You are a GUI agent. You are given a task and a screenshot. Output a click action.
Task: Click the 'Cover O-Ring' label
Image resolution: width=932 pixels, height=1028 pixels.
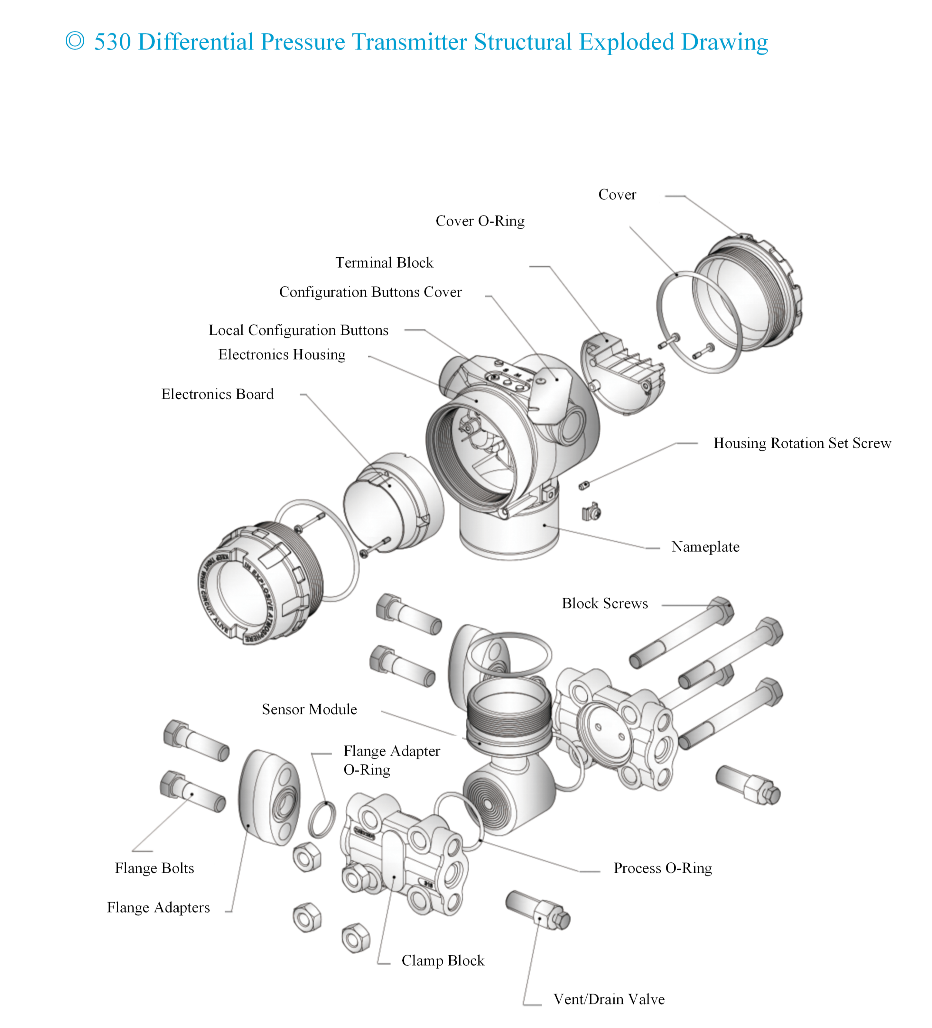point(480,221)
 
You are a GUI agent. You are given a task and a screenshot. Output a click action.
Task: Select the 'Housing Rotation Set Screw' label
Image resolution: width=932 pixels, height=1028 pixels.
point(802,443)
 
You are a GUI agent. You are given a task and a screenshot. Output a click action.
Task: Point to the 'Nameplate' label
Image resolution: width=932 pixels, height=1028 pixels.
point(705,546)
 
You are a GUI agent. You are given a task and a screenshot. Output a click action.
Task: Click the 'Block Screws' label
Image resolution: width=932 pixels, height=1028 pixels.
point(604,603)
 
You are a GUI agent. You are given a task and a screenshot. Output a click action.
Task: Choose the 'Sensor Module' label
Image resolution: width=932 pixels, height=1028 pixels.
point(309,709)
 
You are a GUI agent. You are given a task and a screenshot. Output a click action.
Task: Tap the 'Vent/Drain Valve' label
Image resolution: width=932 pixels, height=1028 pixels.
point(609,999)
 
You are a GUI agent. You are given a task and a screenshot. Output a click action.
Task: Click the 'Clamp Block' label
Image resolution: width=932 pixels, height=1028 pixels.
point(442,960)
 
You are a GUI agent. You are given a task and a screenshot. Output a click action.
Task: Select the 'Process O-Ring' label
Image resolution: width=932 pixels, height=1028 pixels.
point(662,868)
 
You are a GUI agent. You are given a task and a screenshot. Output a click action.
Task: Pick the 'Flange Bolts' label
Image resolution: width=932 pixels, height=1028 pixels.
point(154,868)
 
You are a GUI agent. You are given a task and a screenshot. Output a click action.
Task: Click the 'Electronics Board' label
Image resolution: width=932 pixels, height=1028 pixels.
point(217,394)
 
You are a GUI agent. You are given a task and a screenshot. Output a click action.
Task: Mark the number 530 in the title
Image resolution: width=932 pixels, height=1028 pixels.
point(112,42)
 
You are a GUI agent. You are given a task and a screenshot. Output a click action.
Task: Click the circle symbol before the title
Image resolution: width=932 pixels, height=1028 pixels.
point(75,41)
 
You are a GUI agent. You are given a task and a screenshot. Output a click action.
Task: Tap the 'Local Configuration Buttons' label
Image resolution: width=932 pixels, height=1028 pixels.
point(298,330)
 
